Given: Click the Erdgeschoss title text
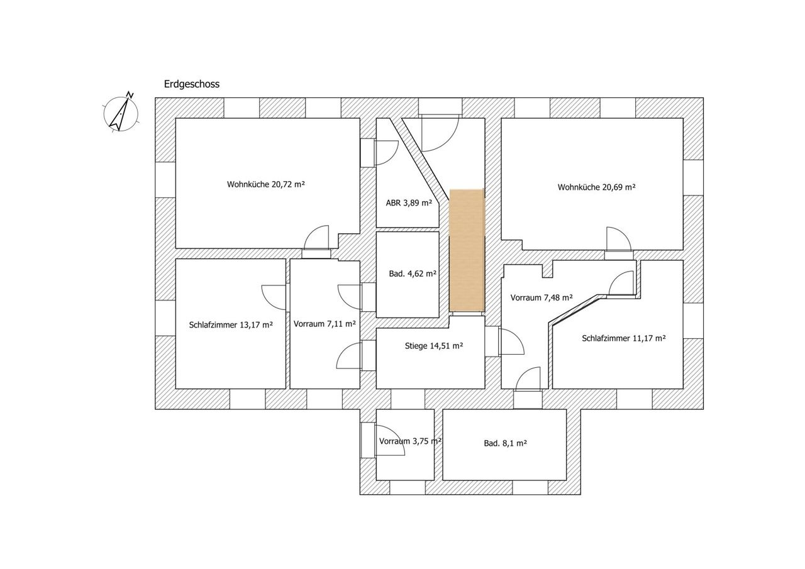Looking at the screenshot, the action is coord(192,84).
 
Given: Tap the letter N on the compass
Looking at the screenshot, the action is coord(130,95).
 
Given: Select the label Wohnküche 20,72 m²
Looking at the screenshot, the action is coord(265,184).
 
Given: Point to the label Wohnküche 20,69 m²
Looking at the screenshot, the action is coord(596,187).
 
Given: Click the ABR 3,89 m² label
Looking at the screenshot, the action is coord(409,203).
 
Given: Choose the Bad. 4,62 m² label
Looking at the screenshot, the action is coord(413,273).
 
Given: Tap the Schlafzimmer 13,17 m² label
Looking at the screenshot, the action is coord(231,325).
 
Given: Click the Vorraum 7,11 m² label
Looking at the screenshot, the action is coord(325,324).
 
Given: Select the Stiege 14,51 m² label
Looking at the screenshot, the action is coord(434,346).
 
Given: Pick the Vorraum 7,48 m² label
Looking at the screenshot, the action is coord(541,297).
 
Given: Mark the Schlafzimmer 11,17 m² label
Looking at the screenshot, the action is coord(624,338).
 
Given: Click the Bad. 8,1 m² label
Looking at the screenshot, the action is coord(505,443).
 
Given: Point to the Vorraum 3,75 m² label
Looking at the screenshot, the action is coord(410,441).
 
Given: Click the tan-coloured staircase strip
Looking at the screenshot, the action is coord(467,250).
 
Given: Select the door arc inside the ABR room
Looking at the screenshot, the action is coord(392,157).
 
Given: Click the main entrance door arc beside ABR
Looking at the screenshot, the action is coord(449,141).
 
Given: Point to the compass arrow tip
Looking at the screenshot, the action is coord(128,99).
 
